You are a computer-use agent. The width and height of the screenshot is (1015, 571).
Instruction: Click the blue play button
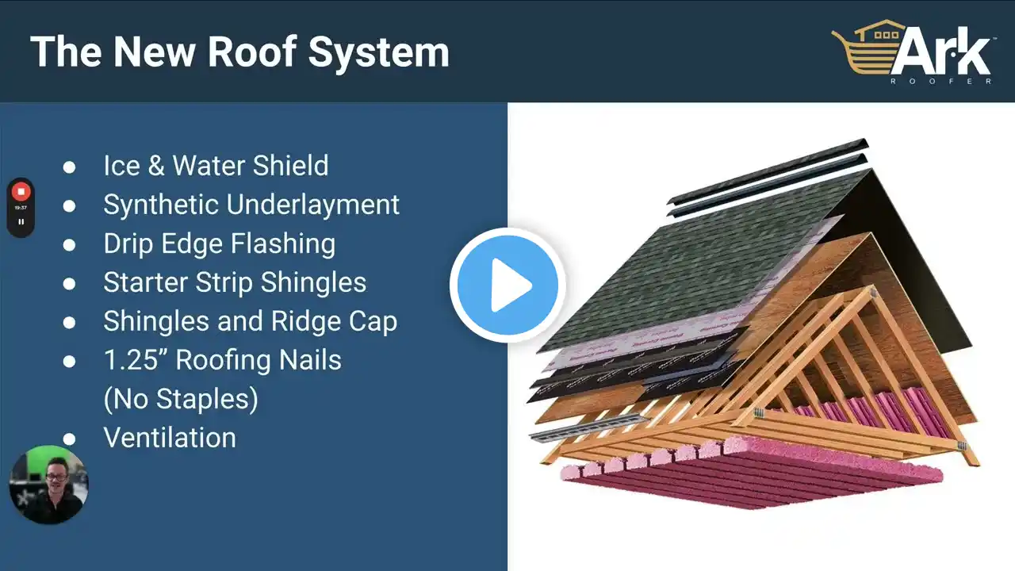[507, 285]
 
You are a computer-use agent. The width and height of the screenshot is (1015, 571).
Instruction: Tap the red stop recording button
[21, 192]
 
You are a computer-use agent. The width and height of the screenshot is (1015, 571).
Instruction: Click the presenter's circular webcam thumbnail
[48, 485]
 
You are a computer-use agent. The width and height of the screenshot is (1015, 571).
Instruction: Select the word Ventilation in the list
[170, 438]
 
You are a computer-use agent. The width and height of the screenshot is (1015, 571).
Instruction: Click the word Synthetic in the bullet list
[161, 205]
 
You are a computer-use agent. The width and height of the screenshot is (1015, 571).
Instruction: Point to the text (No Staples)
[181, 399]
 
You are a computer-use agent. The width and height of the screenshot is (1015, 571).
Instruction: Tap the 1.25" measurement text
[135, 360]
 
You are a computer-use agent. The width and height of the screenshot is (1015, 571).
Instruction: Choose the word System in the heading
[379, 53]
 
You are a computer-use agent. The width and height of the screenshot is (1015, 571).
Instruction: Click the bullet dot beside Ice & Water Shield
[69, 167]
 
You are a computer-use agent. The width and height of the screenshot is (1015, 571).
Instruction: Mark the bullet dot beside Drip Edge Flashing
[69, 245]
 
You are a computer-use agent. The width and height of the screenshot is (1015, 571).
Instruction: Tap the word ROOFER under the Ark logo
[941, 82]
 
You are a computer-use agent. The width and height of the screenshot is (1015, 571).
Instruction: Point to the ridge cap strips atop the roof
[768, 177]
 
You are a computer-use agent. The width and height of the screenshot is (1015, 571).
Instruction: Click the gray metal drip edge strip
[588, 427]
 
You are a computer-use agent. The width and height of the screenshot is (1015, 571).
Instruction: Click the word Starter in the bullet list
[146, 282]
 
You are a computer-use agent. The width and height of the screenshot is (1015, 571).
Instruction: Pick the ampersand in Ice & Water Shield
[156, 166]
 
